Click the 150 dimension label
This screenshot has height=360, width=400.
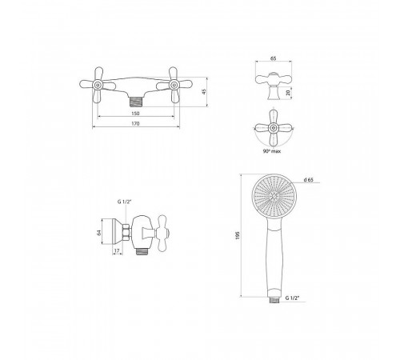(x=135, y=114)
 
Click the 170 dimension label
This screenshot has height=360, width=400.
(x=135, y=123)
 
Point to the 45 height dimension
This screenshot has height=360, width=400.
(x=204, y=92)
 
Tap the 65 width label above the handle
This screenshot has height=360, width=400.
(x=274, y=58)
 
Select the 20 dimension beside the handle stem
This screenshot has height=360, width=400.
(x=288, y=93)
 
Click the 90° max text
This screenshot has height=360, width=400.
(x=272, y=151)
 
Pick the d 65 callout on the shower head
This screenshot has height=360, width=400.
(x=308, y=180)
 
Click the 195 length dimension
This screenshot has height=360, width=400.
(x=238, y=235)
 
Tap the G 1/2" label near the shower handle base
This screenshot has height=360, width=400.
(x=291, y=298)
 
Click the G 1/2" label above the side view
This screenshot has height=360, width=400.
(x=124, y=202)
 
